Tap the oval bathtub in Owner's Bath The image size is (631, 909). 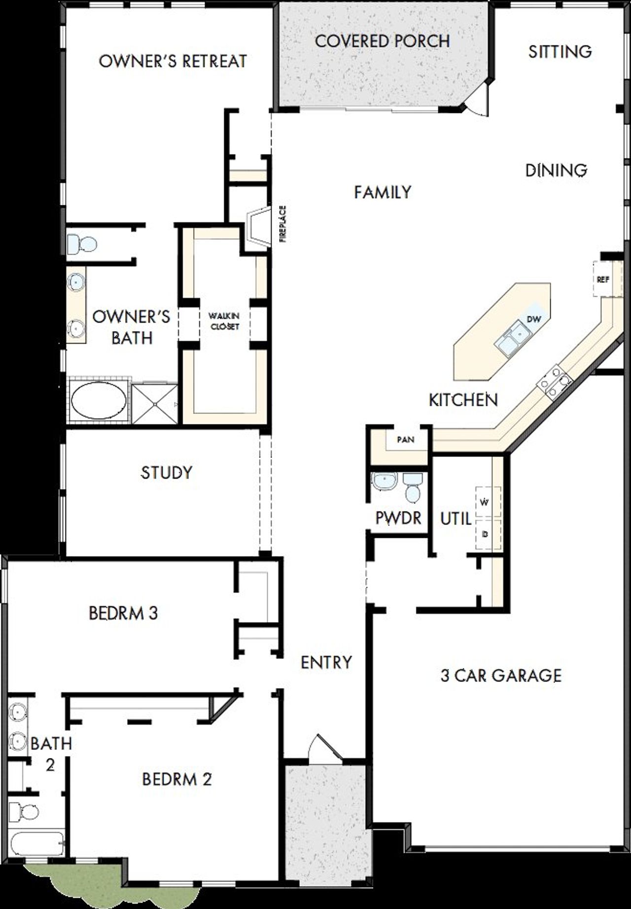tap(98, 400)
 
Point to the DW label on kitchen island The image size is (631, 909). tap(534, 319)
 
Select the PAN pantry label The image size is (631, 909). tap(405, 439)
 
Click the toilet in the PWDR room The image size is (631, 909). tap(412, 486)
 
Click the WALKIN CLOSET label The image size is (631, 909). tap(224, 321)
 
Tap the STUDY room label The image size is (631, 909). tap(166, 472)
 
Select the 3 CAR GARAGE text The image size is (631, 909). tap(501, 675)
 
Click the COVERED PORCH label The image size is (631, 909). tap(382, 41)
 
